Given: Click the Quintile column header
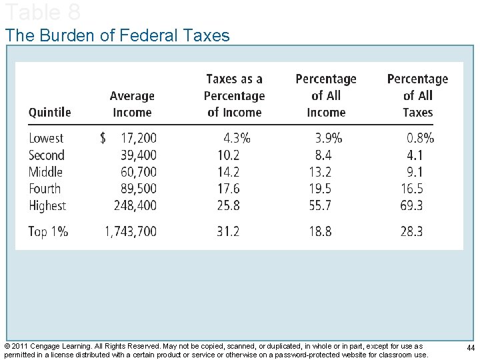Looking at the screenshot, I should point(49,113).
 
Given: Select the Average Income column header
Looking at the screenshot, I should point(132,105).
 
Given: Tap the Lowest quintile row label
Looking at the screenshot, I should point(46,138).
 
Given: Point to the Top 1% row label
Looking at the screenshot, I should point(48,231).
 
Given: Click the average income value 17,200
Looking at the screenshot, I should point(139,138).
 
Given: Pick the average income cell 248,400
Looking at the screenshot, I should point(135,205).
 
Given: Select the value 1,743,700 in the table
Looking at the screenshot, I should point(131,231).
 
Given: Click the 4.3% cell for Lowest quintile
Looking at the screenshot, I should point(237,138).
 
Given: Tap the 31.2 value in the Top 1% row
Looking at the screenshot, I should point(228,231).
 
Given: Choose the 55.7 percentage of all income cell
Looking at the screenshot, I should point(320,205).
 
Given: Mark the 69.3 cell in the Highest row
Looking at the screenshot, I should point(411,205).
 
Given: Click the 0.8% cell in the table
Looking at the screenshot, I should point(420,138).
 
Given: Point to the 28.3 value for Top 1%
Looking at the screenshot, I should point(411,231).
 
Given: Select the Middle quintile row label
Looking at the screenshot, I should point(45,172).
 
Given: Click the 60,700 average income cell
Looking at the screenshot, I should point(139,172).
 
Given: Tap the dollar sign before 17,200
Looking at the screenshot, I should point(103,138).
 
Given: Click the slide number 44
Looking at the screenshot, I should point(471,348).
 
